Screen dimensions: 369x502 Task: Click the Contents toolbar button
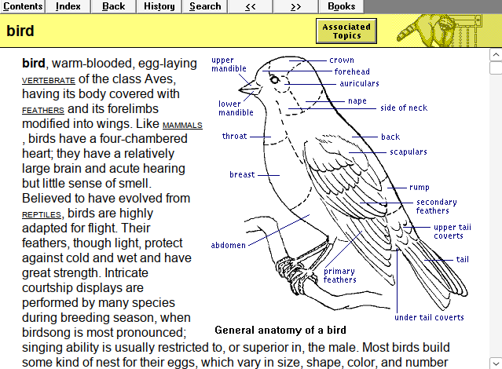point(24,6)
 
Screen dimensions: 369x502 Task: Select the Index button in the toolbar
point(68,6)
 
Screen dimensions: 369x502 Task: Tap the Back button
point(113,6)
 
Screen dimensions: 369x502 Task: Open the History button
point(159,6)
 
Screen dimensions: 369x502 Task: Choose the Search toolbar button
point(205,6)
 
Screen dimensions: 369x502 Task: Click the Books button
point(341,6)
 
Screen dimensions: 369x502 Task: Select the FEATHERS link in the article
point(42,111)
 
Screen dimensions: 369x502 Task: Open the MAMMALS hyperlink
point(182,126)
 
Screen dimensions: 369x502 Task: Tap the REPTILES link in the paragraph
point(41,214)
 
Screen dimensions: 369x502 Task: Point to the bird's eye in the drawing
point(274,79)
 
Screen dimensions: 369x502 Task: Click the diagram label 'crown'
point(342,60)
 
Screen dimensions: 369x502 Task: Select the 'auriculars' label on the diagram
point(359,83)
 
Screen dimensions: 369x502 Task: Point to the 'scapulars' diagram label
point(409,152)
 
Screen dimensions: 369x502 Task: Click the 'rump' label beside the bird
point(419,187)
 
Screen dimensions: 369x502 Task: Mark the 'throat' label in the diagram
point(234,136)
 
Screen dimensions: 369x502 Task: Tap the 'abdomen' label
point(228,245)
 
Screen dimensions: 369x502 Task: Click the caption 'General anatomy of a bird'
point(280,331)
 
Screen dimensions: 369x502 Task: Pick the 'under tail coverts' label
point(429,317)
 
